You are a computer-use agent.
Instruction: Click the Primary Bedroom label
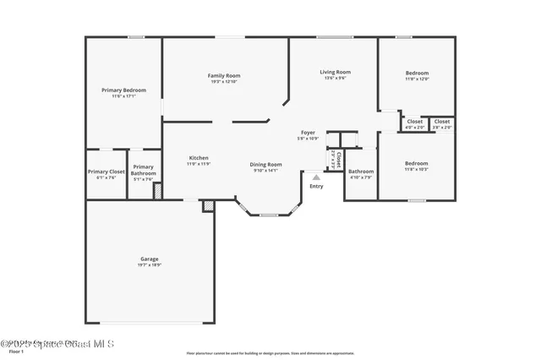tap(123, 90)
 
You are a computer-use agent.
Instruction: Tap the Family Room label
tap(224, 75)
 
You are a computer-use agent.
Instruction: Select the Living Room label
tap(335, 72)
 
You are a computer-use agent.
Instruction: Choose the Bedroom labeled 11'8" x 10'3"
tap(416, 163)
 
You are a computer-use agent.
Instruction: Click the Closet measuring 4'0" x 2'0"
tap(414, 122)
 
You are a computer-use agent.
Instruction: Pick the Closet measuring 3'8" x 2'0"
tap(442, 122)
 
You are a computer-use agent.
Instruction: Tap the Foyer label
tap(309, 133)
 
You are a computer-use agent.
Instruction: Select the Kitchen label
tap(199, 158)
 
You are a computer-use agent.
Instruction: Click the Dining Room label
tap(265, 164)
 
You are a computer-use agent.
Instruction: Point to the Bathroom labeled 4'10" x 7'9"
tap(361, 172)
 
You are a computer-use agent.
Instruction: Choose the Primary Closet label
tap(106, 172)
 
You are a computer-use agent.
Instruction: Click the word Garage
tap(149, 259)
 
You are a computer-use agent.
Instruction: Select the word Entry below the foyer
tap(316, 186)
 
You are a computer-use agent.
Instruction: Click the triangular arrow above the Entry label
tap(316, 177)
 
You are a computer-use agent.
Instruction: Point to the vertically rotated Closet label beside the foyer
tap(337, 158)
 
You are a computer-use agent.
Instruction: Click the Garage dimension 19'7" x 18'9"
tap(149, 265)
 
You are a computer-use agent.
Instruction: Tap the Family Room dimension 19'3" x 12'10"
tap(224, 82)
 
